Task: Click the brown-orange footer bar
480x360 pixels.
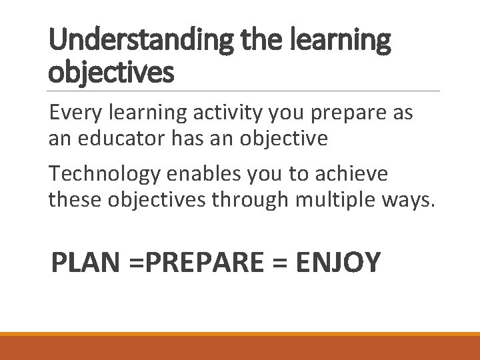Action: pyautogui.click(x=240, y=348)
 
